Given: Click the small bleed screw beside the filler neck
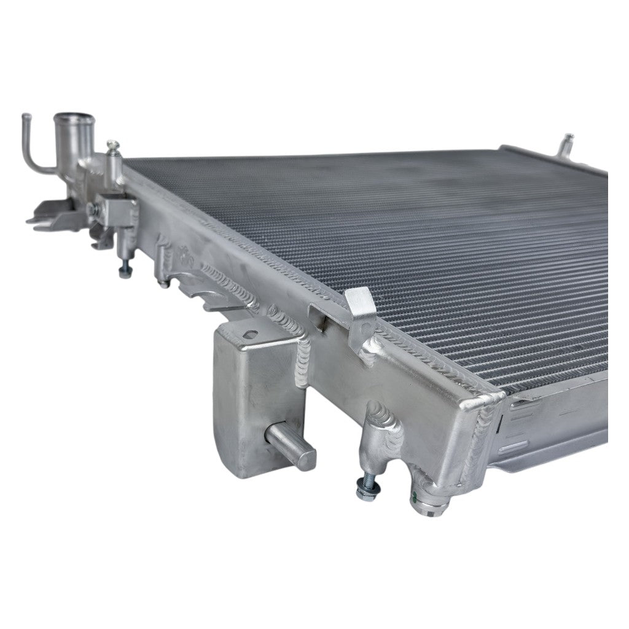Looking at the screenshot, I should pyautogui.click(x=112, y=146).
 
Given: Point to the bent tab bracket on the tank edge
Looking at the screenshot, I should pyautogui.click(x=362, y=307).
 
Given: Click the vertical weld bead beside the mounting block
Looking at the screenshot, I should pyautogui.click(x=305, y=362).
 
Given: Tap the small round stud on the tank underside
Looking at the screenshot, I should pyautogui.click(x=163, y=283).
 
